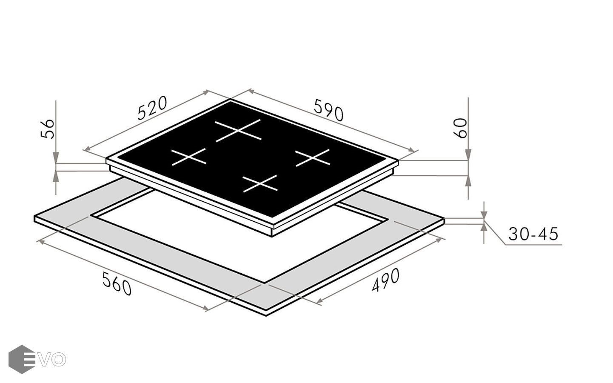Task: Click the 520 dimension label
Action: click(x=152, y=108)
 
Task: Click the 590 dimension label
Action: click(x=328, y=110)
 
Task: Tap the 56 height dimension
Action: click(x=47, y=129)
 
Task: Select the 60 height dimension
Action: click(x=460, y=128)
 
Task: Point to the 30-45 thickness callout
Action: click(x=533, y=234)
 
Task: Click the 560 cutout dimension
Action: click(x=117, y=283)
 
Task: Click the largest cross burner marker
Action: click(x=238, y=130)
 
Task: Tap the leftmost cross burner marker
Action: click(x=189, y=157)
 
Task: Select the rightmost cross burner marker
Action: click(x=313, y=158)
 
